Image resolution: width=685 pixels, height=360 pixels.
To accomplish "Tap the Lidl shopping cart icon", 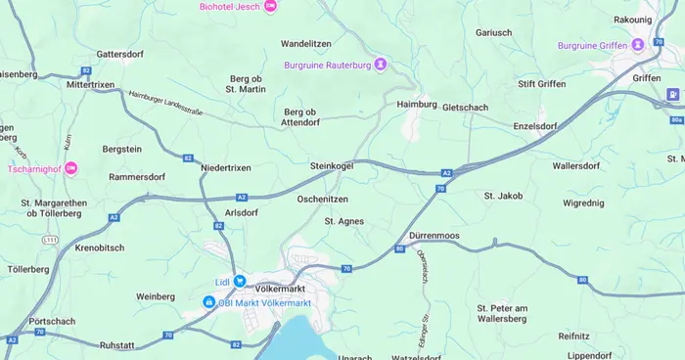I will (x=240, y=282).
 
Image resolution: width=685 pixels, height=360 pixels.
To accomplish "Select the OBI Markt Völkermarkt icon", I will (x=209, y=303).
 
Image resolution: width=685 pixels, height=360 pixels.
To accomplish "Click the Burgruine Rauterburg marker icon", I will (x=381, y=65).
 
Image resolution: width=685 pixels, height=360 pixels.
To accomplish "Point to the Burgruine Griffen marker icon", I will (x=638, y=45).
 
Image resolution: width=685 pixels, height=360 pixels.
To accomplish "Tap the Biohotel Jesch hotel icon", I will (x=271, y=6).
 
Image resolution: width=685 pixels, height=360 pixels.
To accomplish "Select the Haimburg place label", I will (x=416, y=104).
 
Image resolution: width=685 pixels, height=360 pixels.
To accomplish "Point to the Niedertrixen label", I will (x=226, y=168).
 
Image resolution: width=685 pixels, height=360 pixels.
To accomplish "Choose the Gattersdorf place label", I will (x=120, y=53).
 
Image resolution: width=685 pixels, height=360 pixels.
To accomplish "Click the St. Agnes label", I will (x=344, y=221).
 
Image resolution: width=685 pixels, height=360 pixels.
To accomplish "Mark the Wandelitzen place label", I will (x=306, y=44).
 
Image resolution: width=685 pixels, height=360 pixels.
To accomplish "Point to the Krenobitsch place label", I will (x=99, y=247).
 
